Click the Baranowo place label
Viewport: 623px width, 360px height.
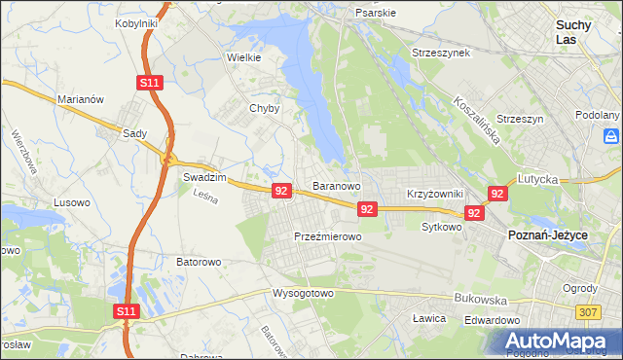[x=337, y=185]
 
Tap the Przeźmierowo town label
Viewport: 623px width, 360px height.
[x=328, y=236]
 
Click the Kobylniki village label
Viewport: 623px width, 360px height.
[x=136, y=22]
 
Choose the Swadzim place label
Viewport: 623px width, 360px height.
[x=204, y=179]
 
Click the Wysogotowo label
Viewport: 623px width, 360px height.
[x=303, y=293]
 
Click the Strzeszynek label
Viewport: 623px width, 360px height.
[x=441, y=53]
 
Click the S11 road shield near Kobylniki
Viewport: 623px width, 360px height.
[x=148, y=84]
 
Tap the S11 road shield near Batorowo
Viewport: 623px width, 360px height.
[x=126, y=311]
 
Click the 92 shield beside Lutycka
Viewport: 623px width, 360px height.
[x=498, y=195]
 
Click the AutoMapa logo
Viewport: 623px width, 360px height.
[x=556, y=342]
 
